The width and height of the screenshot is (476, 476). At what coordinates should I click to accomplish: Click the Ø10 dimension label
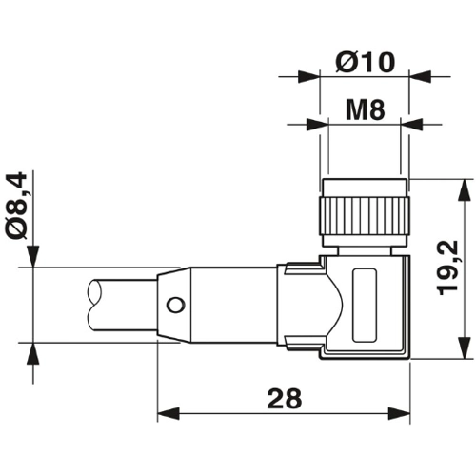pos(366,62)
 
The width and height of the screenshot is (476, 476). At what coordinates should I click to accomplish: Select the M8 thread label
pos(365,109)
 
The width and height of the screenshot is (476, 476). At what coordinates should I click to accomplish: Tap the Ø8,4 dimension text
pos(16,206)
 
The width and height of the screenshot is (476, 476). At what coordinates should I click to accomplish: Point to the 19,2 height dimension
pos(447,268)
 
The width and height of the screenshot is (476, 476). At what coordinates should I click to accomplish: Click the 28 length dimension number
pos(284,398)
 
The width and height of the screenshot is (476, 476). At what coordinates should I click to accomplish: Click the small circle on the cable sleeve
pos(175,305)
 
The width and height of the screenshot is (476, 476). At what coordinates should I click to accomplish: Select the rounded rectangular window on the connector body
pos(365,305)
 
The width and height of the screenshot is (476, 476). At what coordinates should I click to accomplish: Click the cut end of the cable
pos(95,306)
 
